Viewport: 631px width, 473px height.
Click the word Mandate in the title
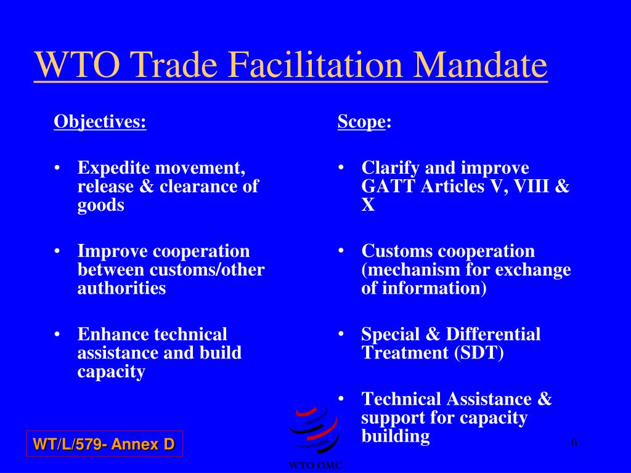click(480, 65)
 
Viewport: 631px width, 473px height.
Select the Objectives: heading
click(100, 121)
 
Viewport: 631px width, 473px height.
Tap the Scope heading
click(362, 121)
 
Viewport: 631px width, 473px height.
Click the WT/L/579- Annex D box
click(104, 443)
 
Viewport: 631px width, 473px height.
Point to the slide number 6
click(574, 442)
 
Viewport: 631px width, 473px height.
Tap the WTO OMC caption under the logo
click(315, 466)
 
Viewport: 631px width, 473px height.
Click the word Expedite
click(113, 168)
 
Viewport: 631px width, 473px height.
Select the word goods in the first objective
click(100, 205)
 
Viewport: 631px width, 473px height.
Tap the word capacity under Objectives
click(111, 372)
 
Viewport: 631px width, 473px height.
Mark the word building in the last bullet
click(395, 437)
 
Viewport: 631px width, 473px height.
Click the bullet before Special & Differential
click(341, 334)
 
